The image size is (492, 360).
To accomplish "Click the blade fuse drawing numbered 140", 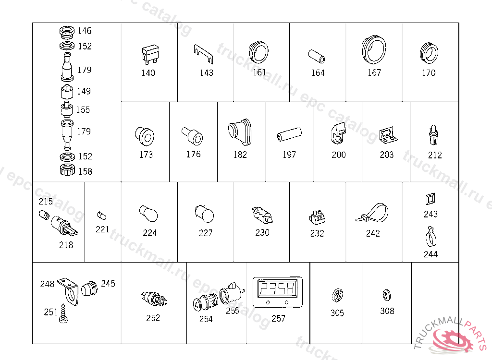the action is [150, 54].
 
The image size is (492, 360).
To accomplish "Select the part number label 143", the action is [207, 73].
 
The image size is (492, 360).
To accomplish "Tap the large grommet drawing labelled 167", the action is [373, 49].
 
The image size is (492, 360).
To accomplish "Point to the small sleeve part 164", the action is [317, 56].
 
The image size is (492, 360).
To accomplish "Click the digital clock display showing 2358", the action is [278, 292].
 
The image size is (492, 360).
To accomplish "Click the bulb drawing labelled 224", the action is [148, 214].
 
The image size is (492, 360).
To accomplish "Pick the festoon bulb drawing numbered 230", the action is [262, 215].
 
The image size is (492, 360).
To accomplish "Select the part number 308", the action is [387, 311].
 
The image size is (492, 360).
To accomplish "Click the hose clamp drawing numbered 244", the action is [430, 237].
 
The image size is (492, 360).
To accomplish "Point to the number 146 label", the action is [85, 30].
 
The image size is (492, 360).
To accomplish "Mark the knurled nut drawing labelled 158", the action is [67, 169].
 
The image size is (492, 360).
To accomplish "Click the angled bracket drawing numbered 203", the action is [388, 135].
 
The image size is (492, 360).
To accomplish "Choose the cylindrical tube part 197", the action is [289, 134].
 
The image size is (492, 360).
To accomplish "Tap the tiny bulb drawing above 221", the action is [102, 216].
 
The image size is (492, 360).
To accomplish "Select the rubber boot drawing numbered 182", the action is [240, 132].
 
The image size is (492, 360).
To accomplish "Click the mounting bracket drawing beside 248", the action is [69, 291].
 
